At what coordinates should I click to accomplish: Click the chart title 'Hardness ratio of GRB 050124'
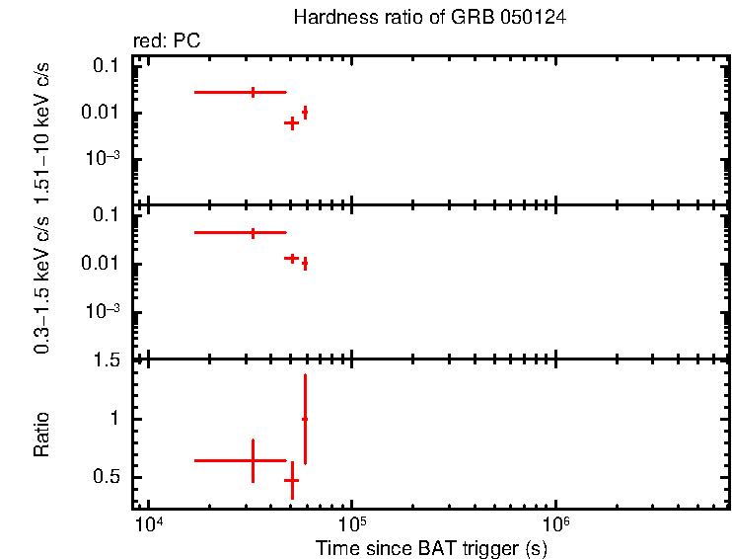[x=429, y=18]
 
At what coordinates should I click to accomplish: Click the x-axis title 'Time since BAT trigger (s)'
[x=431, y=546]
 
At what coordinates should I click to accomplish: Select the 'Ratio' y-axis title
[x=42, y=435]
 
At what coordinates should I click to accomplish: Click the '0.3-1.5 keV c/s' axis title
[x=42, y=287]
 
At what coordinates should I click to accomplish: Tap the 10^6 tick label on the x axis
[x=555, y=522]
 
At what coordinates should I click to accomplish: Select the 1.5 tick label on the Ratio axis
[x=106, y=360]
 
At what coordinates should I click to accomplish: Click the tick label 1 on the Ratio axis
[x=113, y=419]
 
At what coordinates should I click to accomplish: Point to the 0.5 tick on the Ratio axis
[x=106, y=477]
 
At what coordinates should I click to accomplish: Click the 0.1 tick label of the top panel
[x=107, y=65]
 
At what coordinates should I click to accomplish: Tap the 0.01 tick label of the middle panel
[x=102, y=264]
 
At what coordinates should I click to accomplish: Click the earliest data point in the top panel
[x=254, y=92]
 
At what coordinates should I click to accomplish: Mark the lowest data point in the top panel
[x=291, y=123]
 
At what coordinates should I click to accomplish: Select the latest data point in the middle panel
[x=306, y=264]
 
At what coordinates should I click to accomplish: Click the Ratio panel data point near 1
[x=305, y=419]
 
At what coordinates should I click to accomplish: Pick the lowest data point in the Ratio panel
[x=291, y=480]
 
